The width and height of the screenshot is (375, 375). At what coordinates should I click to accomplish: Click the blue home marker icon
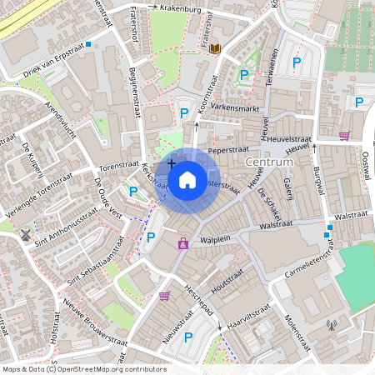pyautogui.click(x=187, y=179)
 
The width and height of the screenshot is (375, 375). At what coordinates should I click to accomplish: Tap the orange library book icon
pyautogui.click(x=216, y=50)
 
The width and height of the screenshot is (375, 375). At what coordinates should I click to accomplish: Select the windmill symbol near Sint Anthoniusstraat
pyautogui.click(x=27, y=233)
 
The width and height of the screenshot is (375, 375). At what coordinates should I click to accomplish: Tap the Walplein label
pyautogui.click(x=215, y=238)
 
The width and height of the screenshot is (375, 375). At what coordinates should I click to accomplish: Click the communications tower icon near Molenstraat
pyautogui.click(x=332, y=325)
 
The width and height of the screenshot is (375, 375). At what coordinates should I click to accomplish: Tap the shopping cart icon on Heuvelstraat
pyautogui.click(x=344, y=135)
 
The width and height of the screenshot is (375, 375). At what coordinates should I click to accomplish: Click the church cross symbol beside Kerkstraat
pyautogui.click(x=171, y=163)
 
